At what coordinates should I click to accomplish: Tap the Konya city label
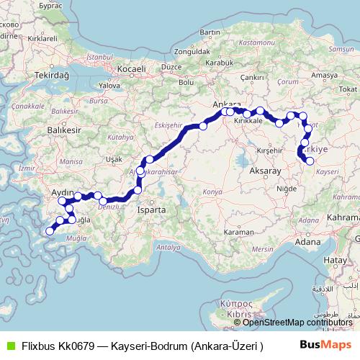[x=212, y=192]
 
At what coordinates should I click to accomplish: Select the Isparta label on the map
[x=152, y=210]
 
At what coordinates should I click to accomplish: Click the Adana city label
[x=307, y=242]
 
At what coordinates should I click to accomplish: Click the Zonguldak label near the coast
[x=192, y=52]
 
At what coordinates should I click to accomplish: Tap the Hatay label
[x=335, y=259]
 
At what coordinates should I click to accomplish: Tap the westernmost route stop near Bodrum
[x=49, y=231]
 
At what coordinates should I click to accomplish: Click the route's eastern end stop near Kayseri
[x=310, y=161]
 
